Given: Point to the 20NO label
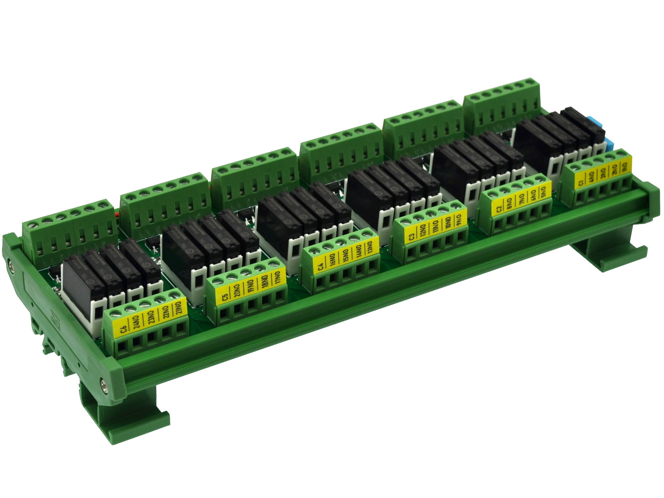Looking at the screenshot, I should click(x=237, y=292).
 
